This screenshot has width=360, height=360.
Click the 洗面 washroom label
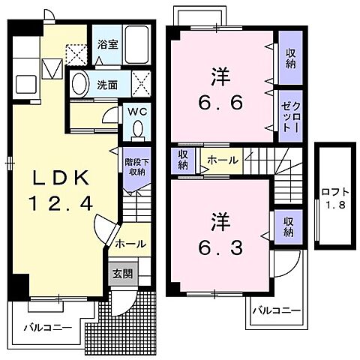(107, 84)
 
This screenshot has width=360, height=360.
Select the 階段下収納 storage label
(136, 166)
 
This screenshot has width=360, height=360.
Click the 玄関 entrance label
(121, 274)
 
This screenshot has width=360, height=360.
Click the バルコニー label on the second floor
(275, 309)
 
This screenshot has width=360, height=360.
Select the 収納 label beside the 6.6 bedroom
(290, 58)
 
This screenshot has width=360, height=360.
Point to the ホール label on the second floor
(222, 160)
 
